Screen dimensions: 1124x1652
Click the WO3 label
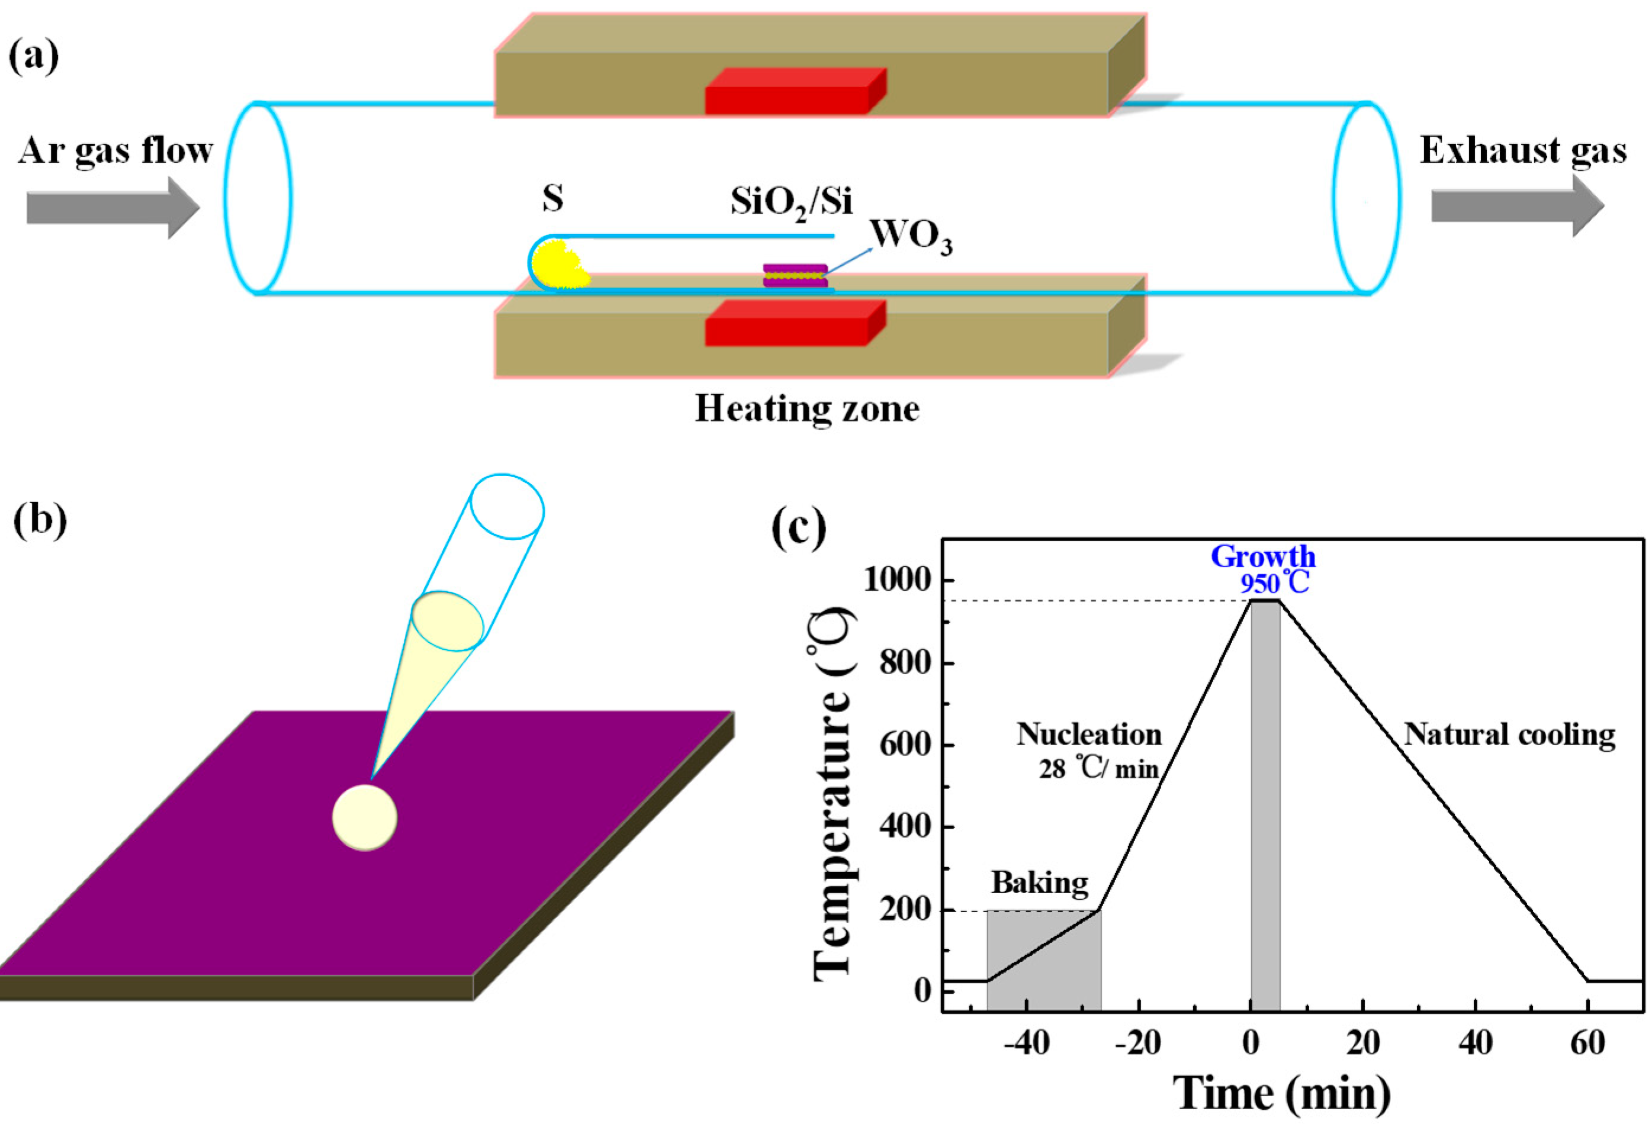point(911,237)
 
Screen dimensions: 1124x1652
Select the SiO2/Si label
point(790,202)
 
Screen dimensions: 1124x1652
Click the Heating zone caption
point(807,409)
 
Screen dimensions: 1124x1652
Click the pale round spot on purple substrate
point(365,817)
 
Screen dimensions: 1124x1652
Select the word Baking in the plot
point(1039,883)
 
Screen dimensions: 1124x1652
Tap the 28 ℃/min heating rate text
point(1099,769)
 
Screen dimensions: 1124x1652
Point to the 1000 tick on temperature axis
point(896,581)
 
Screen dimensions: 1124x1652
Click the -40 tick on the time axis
point(1027,1043)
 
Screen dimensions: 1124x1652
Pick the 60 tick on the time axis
point(1587,1043)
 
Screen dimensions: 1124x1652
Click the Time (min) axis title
point(1281,1093)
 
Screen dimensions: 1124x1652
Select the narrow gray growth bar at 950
point(1265,803)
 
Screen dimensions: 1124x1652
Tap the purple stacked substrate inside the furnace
point(795,276)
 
